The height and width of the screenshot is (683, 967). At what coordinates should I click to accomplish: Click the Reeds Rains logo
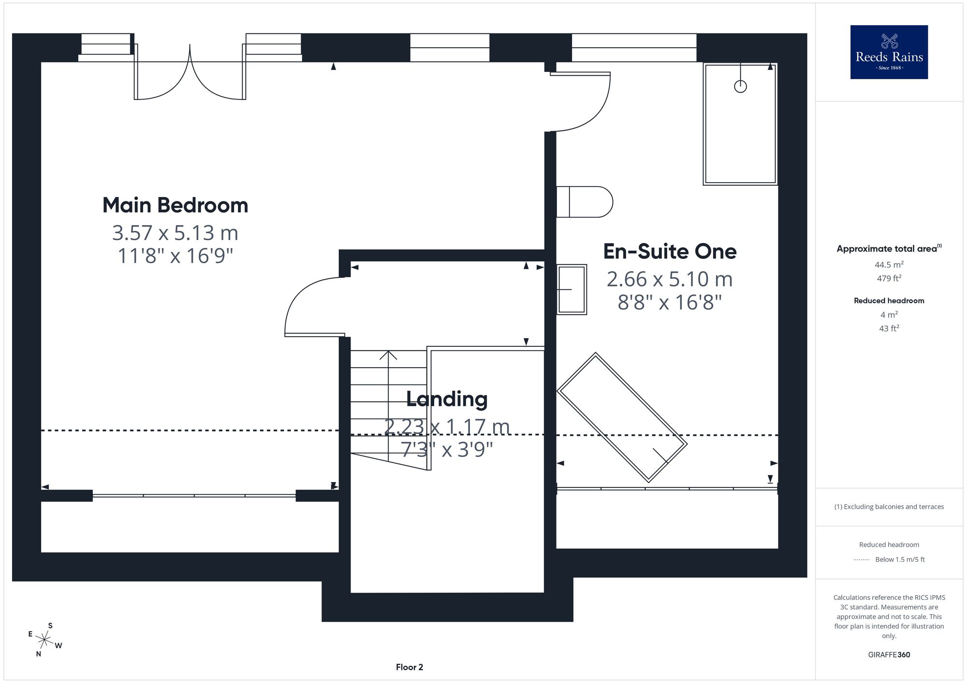pyautogui.click(x=889, y=52)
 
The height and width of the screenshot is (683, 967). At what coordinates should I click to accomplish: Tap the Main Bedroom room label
pyautogui.click(x=175, y=205)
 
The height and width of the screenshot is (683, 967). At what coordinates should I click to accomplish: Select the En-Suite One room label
pyautogui.click(x=670, y=251)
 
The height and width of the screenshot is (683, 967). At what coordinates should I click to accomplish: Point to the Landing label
pyautogui.click(x=447, y=399)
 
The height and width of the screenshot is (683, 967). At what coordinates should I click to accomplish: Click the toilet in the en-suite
pyautogui.click(x=585, y=202)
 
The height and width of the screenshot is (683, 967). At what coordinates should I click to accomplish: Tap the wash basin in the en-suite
pyautogui.click(x=571, y=289)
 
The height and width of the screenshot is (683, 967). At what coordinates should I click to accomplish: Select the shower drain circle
pyautogui.click(x=740, y=86)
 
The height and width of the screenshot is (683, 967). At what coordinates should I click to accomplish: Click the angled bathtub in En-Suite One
pyautogui.click(x=622, y=417)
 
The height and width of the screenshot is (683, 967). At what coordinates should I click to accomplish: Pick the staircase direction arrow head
pyautogui.click(x=388, y=356)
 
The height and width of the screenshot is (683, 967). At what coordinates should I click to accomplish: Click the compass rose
pyautogui.click(x=44, y=640)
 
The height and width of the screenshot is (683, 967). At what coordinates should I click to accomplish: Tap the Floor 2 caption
pyautogui.click(x=410, y=667)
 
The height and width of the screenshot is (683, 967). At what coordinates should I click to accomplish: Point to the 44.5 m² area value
pyautogui.click(x=889, y=265)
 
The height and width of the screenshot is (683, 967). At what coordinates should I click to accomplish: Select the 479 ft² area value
pyautogui.click(x=889, y=278)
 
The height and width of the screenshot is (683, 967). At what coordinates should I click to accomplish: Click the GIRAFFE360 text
pyautogui.click(x=889, y=655)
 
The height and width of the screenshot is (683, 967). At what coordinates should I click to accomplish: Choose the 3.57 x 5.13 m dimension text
pyautogui.click(x=175, y=233)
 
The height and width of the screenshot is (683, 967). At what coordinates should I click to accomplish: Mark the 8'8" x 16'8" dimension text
pyautogui.click(x=670, y=303)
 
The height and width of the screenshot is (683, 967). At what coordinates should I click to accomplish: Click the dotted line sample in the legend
pyautogui.click(x=862, y=560)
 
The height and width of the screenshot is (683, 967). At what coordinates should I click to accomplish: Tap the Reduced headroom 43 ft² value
pyautogui.click(x=889, y=328)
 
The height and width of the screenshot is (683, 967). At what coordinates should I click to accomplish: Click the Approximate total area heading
pyautogui.click(x=889, y=249)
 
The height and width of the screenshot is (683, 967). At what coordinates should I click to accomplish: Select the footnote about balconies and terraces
pyautogui.click(x=889, y=507)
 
